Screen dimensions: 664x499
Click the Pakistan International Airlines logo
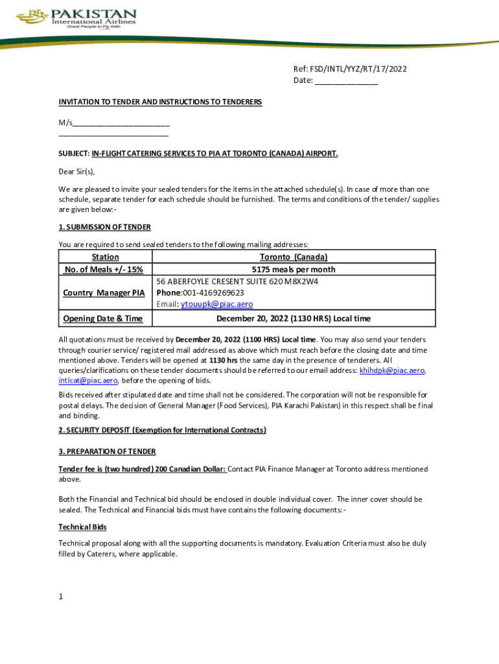pyautogui.click(x=76, y=20)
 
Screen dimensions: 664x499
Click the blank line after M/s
pyautogui.click(x=121, y=123)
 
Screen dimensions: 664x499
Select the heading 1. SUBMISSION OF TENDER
pyautogui.click(x=105, y=227)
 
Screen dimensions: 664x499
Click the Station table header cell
pyautogui.click(x=106, y=257)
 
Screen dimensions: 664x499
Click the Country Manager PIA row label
pyautogui.click(x=104, y=293)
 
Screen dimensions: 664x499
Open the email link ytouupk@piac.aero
pyautogui.click(x=216, y=304)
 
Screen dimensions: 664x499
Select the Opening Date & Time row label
pyautogui.click(x=102, y=318)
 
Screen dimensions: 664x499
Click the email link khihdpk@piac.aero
pyautogui.click(x=391, y=370)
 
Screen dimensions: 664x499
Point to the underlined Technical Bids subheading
pyautogui.click(x=82, y=527)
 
